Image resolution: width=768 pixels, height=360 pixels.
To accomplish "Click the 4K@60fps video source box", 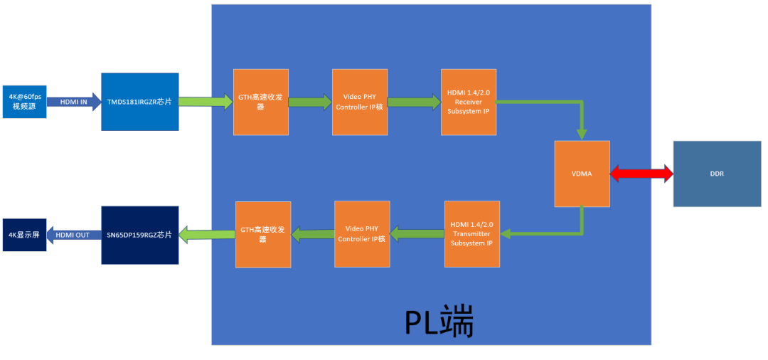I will [24, 102].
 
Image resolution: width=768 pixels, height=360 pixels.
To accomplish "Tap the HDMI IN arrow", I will [74, 102].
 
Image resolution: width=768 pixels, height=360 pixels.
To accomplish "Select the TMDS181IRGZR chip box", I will [139, 102].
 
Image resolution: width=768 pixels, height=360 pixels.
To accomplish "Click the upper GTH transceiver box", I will [261, 102].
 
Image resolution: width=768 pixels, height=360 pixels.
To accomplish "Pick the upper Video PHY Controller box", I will [360, 102].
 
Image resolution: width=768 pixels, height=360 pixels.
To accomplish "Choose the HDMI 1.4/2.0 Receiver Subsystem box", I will [468, 102].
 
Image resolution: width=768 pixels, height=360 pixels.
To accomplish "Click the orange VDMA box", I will [582, 174].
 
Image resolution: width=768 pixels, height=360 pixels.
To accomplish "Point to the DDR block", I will [717, 174].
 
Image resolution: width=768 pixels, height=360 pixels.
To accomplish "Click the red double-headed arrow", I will [641, 174].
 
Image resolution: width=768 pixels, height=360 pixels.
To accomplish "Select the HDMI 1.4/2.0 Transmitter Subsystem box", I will [471, 234].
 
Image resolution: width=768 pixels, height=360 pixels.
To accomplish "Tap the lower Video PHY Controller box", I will [362, 234].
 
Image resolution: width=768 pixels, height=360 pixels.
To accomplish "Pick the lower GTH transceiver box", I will [263, 234].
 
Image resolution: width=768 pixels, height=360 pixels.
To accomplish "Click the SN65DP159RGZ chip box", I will [139, 235].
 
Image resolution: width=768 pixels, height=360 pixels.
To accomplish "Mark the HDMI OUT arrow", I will [74, 235].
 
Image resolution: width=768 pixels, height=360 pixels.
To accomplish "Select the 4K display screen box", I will [24, 235].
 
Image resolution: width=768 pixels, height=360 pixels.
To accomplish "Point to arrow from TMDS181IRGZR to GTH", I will [206, 102].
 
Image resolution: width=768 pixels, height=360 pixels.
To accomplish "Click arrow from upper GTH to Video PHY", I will [310, 102].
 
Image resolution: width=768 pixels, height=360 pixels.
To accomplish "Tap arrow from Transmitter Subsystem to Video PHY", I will [417, 234].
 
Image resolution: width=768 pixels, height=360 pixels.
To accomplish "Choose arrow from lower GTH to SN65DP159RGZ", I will [207, 234].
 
